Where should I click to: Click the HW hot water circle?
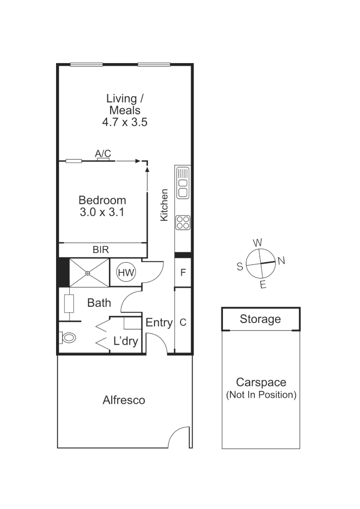tap(126, 272)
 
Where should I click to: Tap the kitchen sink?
tap(182, 182)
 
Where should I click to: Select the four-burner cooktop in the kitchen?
tap(182, 222)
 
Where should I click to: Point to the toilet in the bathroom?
tap(68, 337)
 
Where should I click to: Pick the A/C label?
tap(103, 154)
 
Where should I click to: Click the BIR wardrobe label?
tap(101, 250)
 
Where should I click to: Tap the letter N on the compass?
tap(281, 261)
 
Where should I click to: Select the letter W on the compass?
tap(257, 243)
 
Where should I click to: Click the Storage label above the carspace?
tap(260, 319)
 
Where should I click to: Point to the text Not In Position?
tap(261, 395)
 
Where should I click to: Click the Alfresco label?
tap(124, 400)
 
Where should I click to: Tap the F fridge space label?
tap(183, 272)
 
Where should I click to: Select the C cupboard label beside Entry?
tap(183, 322)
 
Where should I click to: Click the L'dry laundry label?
tap(125, 341)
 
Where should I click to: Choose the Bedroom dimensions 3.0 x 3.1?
tap(102, 212)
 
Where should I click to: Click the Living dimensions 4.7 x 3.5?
tap(125, 122)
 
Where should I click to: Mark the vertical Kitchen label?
tap(164, 205)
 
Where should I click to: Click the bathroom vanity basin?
tap(68, 304)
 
